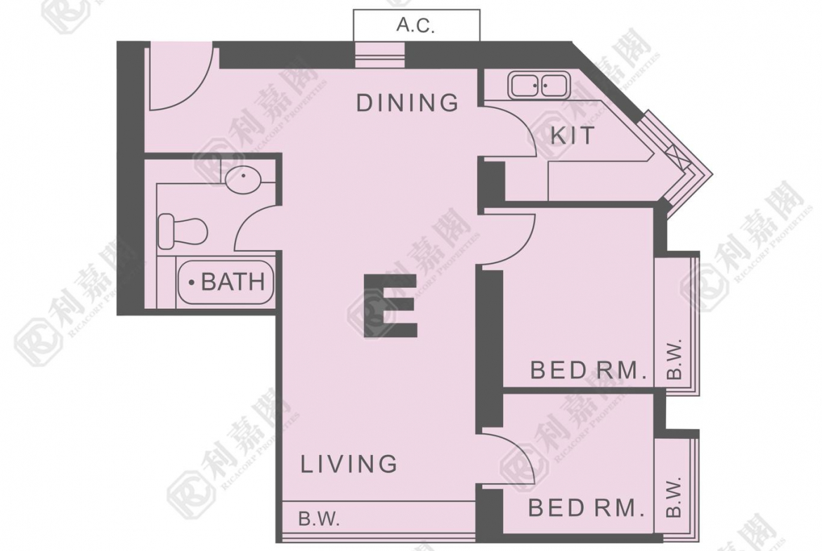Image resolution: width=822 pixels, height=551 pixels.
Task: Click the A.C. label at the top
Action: pos(416,25)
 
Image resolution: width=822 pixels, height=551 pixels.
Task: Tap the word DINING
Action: pos(407,102)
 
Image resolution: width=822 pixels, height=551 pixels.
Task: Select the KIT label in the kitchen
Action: pos(573,135)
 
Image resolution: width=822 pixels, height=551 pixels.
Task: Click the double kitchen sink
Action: pos(538,86)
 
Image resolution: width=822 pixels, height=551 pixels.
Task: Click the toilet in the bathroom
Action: pos(183,231)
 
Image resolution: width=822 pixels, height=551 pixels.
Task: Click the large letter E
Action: pos(391,305)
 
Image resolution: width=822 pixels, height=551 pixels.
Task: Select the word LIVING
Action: pos(349,464)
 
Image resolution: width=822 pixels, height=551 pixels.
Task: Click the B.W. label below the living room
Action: pos(319,519)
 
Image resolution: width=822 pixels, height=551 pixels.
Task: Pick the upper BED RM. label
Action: pos(587,371)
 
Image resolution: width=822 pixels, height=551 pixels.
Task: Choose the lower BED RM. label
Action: pos(586,507)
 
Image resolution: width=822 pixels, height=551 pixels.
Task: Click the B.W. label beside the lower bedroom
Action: pos(674,496)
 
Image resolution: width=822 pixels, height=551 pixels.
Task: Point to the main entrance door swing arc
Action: pos(200,86)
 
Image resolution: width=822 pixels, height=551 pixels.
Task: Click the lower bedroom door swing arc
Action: pos(521,449)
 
